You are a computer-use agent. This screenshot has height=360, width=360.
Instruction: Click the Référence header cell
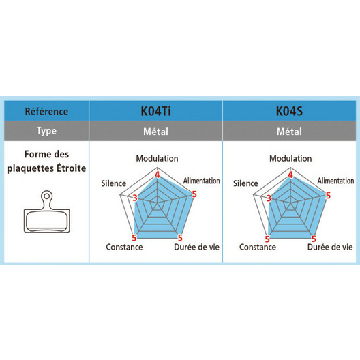coord(46,111)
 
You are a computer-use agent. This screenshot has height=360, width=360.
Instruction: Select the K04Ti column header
coord(155,111)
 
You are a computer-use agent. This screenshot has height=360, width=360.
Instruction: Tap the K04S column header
coord(289,111)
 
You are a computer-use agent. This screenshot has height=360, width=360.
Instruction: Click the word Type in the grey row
coord(46,131)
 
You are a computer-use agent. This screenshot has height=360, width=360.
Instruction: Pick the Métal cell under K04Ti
coord(155,132)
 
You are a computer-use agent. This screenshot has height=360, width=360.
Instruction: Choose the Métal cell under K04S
coord(289,132)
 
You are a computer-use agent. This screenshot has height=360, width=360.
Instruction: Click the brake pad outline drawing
coord(47,211)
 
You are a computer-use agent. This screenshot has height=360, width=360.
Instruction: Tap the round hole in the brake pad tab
coord(47,196)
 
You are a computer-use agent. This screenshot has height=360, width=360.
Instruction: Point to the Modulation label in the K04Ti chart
coord(157,158)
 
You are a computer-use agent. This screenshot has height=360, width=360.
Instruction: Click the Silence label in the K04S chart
coord(245,183)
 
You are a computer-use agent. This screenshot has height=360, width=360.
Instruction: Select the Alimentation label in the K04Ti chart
coord(201,181)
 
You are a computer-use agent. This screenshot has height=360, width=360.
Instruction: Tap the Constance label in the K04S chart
coord(258,247)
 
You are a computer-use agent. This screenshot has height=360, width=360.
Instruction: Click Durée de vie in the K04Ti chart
coord(196,247)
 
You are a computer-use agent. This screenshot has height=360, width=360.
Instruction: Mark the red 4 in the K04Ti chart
coord(157,175)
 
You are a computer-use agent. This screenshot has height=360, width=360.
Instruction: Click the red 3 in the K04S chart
coord(269,198)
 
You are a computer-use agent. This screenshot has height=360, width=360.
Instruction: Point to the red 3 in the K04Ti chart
coord(135,198)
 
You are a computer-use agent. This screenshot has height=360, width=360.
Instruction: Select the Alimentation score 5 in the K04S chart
coord(328,196)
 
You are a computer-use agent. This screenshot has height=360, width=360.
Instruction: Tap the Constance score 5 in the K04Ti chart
coord(134,238)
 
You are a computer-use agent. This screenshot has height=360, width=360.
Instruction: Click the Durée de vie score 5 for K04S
coord(314,239)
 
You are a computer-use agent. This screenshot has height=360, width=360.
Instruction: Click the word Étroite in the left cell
coord(72,168)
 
